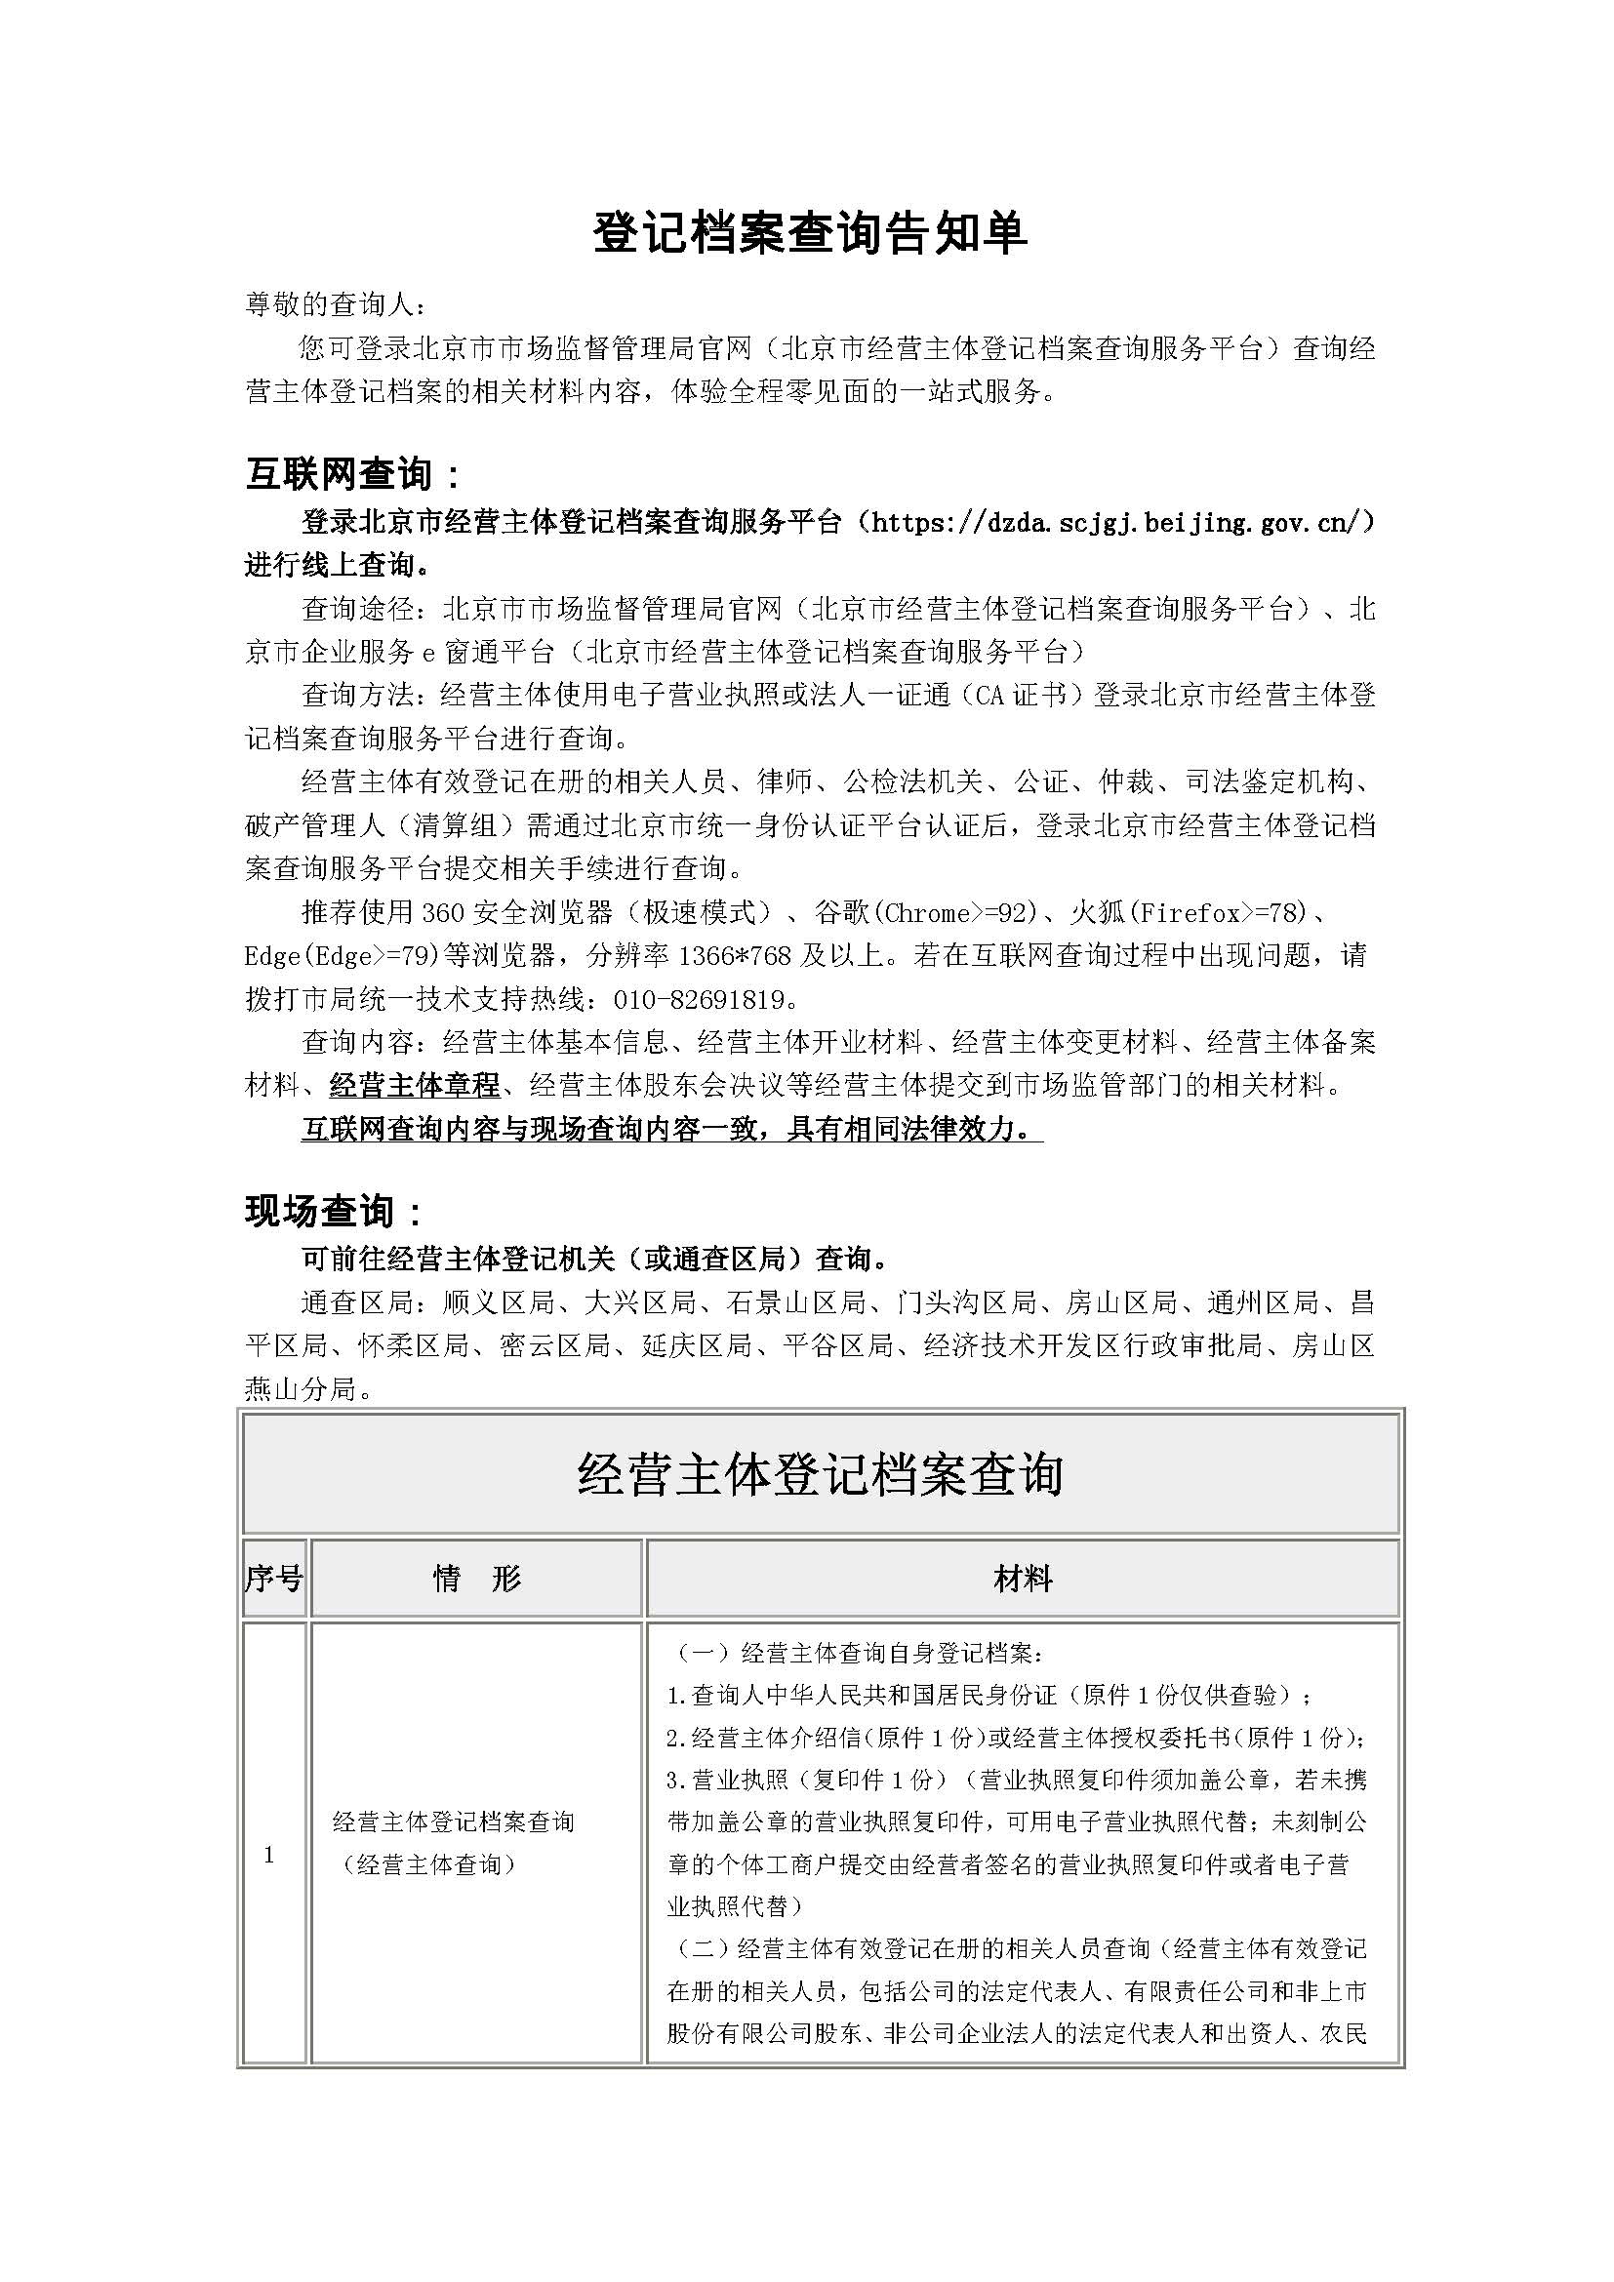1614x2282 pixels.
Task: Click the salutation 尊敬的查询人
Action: pos(337,306)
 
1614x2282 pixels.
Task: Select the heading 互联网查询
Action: pos(352,475)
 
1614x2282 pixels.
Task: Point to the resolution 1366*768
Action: pos(735,956)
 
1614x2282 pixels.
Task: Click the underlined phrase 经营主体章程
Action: pos(415,1085)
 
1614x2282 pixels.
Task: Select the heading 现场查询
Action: pos(333,1212)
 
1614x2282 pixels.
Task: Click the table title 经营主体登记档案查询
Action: pos(820,1475)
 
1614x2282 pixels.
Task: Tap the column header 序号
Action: pos(273,1579)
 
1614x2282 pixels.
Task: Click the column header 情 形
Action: pos(477,1579)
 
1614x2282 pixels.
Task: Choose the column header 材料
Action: pos(1023,1579)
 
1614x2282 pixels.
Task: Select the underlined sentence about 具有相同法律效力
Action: pos(670,1130)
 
